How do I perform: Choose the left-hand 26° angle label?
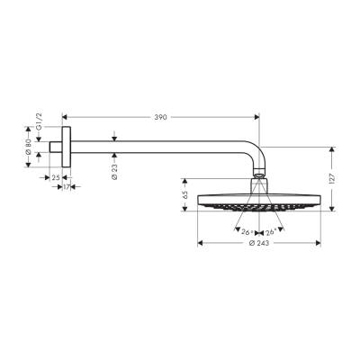point(247,231)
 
